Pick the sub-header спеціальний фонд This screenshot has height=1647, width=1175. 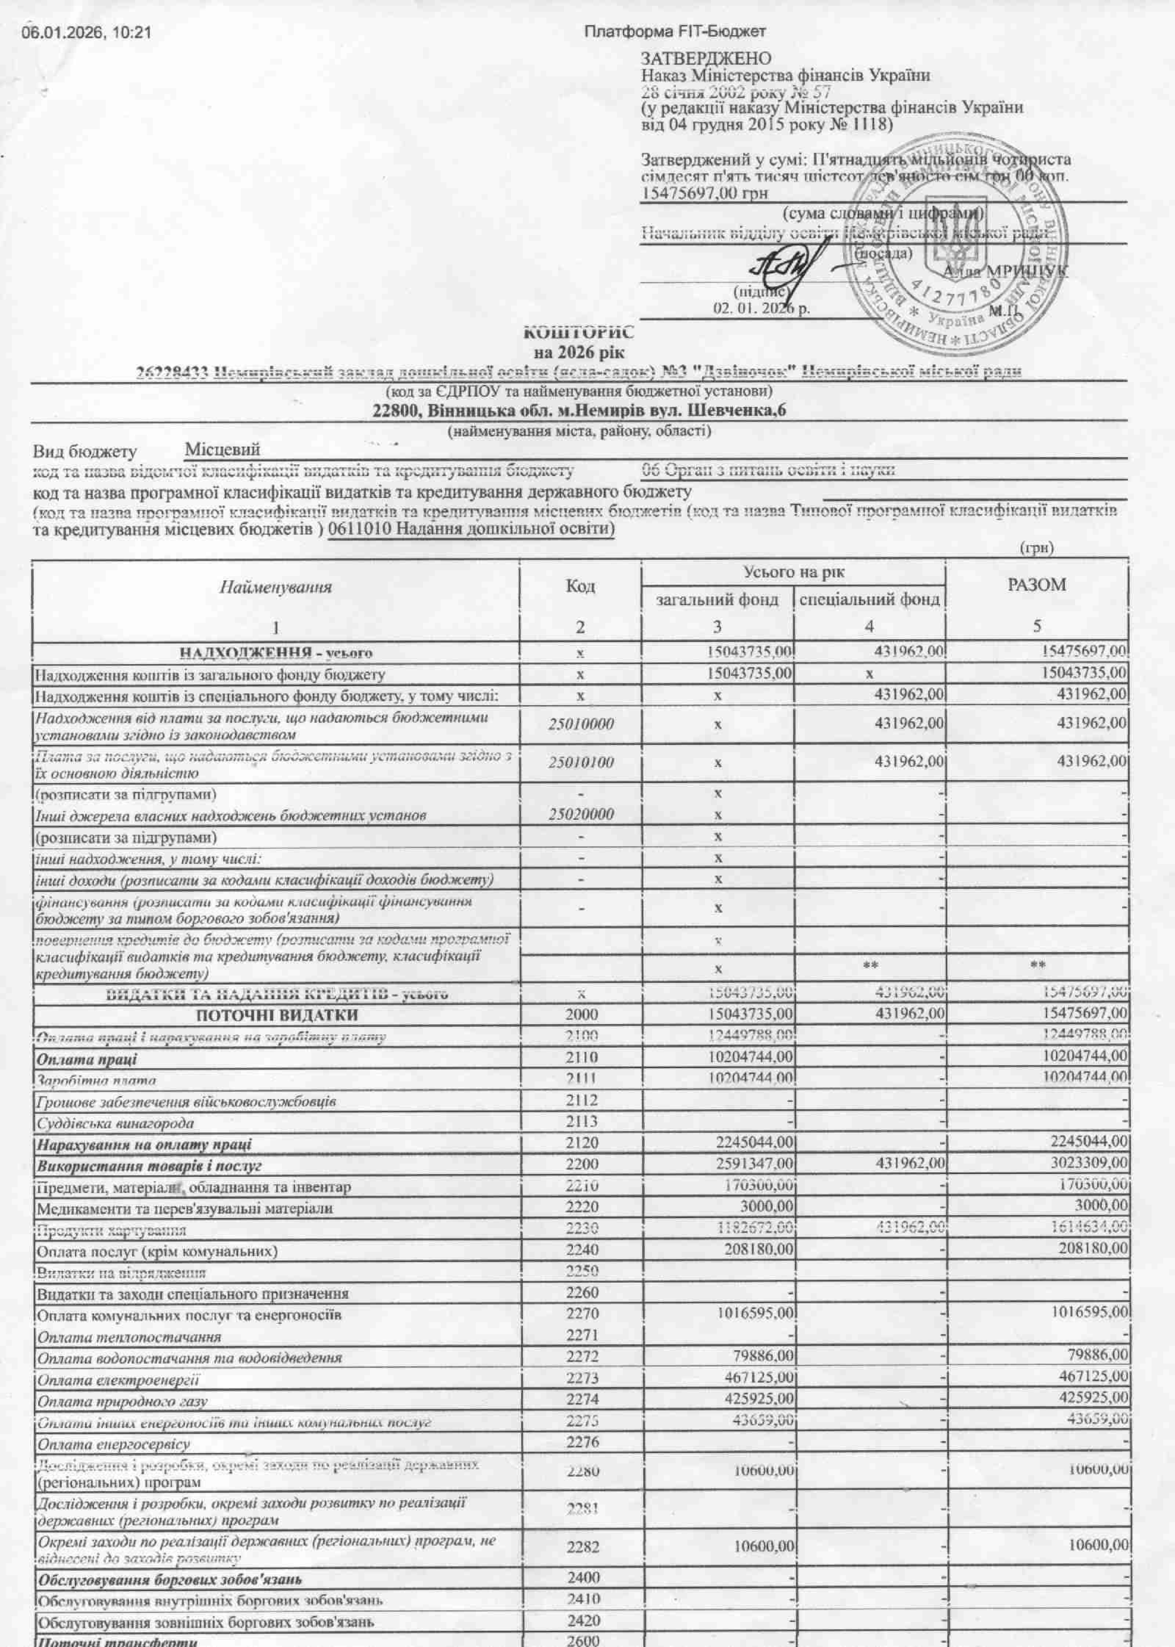(869, 599)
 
